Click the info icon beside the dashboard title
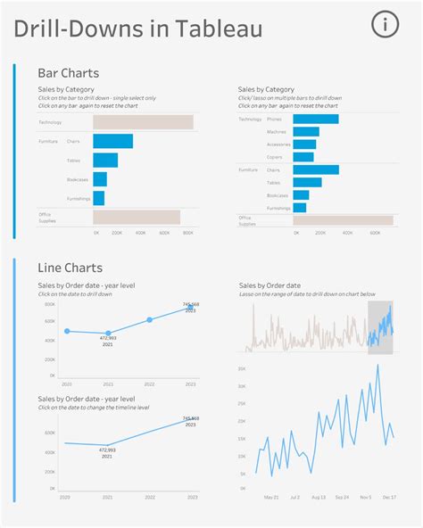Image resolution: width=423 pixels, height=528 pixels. (x=386, y=25)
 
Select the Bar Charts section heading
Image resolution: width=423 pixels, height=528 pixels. (x=68, y=73)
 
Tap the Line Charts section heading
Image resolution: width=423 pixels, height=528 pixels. (x=70, y=268)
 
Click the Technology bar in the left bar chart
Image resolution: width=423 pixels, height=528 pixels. (x=143, y=122)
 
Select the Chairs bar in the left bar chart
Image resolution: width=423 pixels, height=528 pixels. (x=113, y=141)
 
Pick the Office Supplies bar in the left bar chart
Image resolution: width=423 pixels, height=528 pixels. (x=137, y=217)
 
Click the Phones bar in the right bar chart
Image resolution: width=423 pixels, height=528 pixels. (x=316, y=119)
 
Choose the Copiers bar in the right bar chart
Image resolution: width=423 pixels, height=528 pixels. (x=303, y=157)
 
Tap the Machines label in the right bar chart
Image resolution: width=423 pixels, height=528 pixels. (x=277, y=132)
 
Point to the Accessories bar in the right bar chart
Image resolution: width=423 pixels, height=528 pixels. (x=304, y=144)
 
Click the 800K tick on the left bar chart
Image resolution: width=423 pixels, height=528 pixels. (x=187, y=233)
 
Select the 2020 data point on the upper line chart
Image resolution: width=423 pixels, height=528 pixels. (x=66, y=331)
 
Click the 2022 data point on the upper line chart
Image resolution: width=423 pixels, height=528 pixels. (x=149, y=319)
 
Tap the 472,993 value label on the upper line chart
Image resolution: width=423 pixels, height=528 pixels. (x=107, y=339)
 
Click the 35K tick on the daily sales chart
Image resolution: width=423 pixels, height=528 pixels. (x=241, y=367)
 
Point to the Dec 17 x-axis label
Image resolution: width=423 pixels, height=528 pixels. (x=390, y=498)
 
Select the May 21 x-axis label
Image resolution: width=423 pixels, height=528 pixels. (x=271, y=498)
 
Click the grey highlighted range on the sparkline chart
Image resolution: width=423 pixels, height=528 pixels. (x=380, y=326)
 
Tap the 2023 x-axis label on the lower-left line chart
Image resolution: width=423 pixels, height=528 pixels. (x=190, y=498)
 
